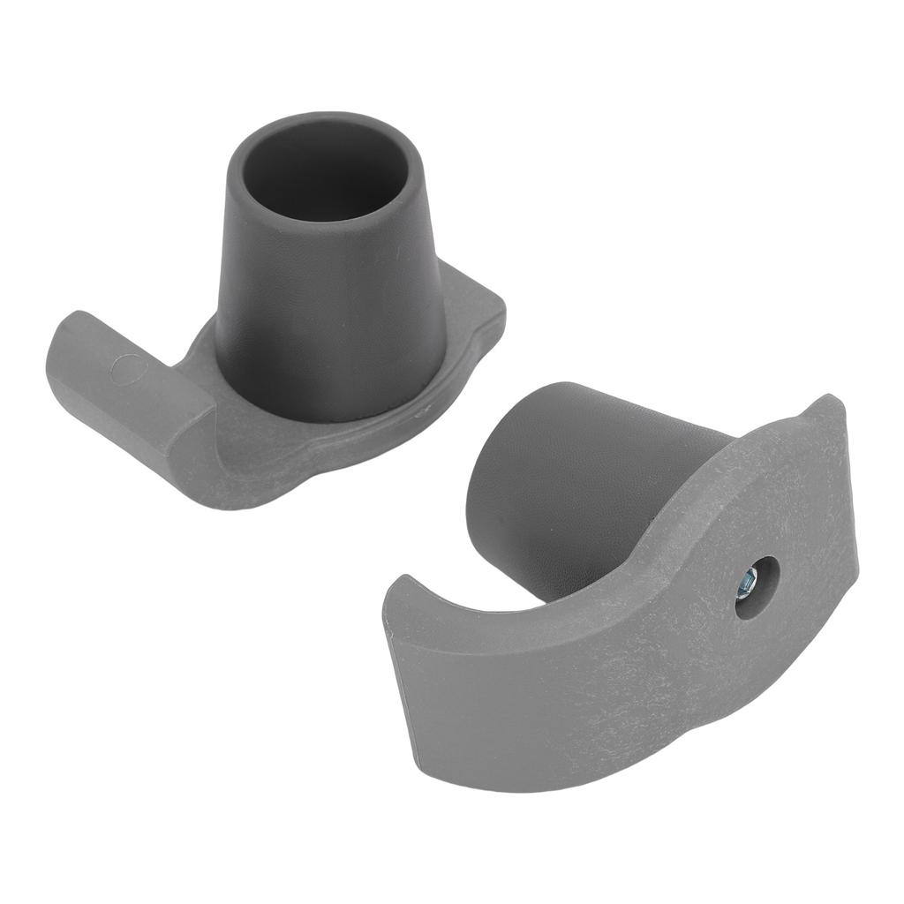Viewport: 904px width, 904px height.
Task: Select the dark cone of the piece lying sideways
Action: tap(565, 477)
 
